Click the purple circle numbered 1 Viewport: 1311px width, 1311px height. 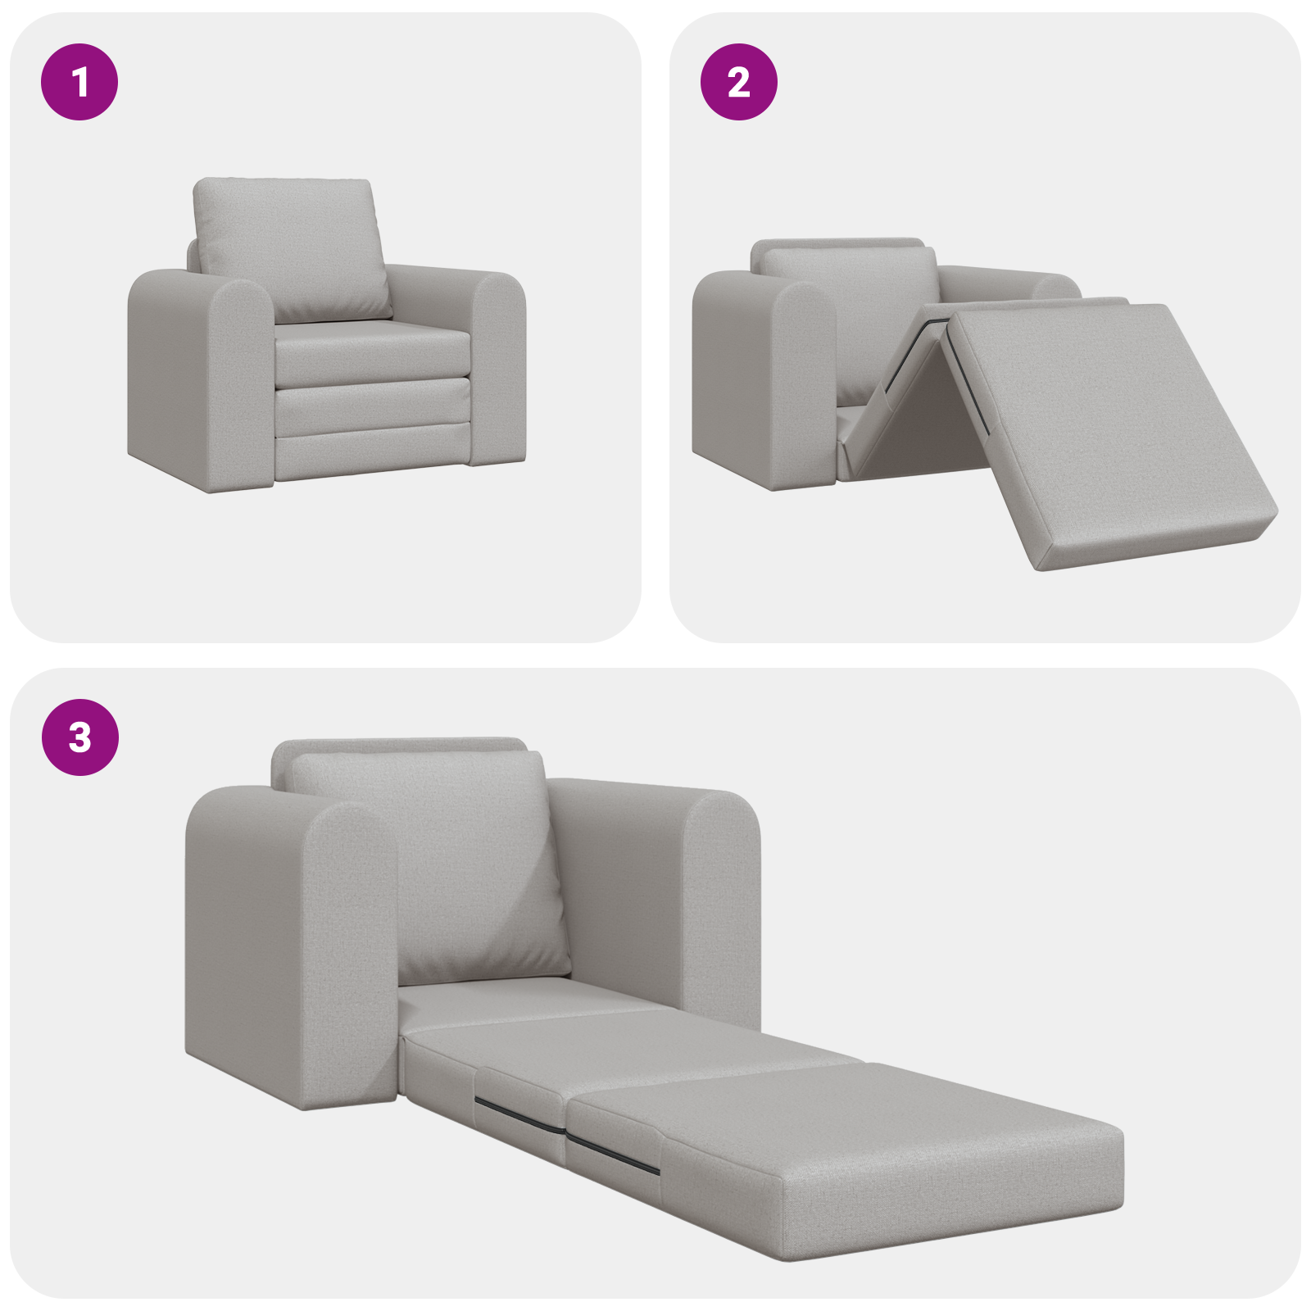(x=79, y=82)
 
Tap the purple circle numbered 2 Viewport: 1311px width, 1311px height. (x=738, y=82)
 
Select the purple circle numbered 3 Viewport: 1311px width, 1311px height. (x=79, y=737)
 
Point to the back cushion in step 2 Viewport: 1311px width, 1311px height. (x=848, y=287)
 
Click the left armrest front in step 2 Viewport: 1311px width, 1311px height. (x=803, y=385)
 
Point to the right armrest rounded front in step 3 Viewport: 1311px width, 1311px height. (x=721, y=901)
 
